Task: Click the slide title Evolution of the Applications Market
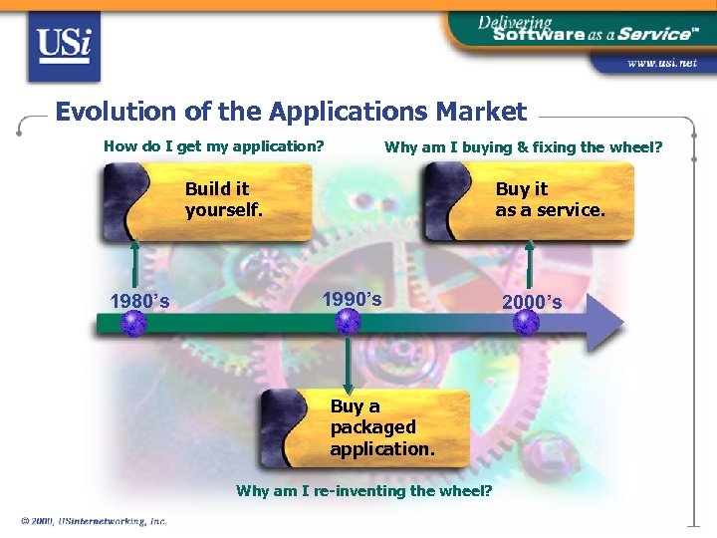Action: click(x=291, y=112)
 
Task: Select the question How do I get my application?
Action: click(x=214, y=146)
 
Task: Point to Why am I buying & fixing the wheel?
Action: click(x=524, y=147)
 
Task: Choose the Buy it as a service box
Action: click(x=529, y=202)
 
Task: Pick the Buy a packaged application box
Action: click(x=364, y=427)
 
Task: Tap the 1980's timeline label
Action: click(x=139, y=302)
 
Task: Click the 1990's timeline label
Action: click(x=352, y=298)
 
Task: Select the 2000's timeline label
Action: click(x=532, y=302)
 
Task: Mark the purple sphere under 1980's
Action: click(x=133, y=323)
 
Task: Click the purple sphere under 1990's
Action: click(x=348, y=322)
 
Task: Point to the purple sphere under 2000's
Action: click(x=526, y=323)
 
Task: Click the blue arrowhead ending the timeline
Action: click(x=602, y=323)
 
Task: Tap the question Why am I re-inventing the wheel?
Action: click(x=363, y=490)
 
